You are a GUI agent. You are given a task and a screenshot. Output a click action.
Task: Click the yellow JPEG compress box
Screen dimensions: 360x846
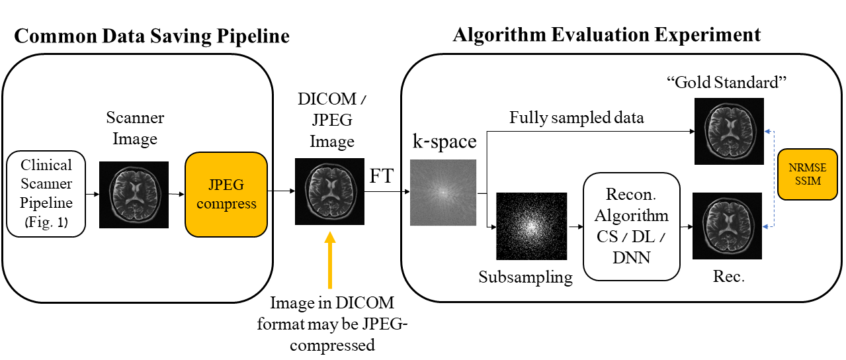click(x=226, y=195)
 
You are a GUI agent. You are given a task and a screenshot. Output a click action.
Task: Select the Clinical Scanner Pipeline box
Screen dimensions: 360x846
click(x=46, y=194)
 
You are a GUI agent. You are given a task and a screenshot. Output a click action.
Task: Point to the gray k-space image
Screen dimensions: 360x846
click(x=443, y=193)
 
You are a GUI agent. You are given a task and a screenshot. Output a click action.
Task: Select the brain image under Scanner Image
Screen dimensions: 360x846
click(x=134, y=195)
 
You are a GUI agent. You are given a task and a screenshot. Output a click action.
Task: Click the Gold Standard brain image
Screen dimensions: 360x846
click(x=728, y=130)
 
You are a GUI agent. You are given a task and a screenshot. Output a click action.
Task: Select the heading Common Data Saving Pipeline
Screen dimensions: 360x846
click(x=151, y=35)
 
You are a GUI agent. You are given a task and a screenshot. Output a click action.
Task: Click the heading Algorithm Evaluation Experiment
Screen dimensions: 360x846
click(x=607, y=34)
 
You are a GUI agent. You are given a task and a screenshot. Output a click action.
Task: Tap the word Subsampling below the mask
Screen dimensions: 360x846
click(x=526, y=277)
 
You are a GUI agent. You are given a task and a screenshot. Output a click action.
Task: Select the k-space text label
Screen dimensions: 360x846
click(x=444, y=142)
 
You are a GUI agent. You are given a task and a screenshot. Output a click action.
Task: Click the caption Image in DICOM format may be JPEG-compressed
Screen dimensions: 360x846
click(x=331, y=324)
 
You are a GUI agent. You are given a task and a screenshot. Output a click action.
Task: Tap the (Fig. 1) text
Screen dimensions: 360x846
click(x=46, y=223)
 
